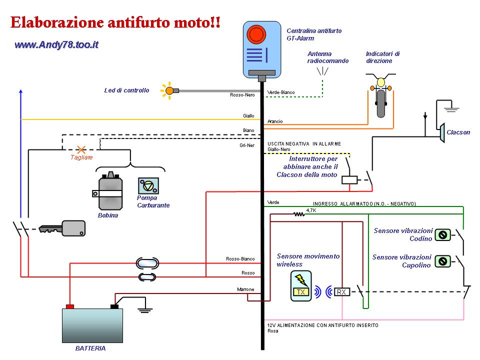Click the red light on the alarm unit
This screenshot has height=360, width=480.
coord(256,34)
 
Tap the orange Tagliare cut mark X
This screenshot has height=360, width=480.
coord(80,149)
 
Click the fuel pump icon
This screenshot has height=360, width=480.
coord(148,186)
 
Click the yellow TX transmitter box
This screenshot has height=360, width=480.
coord(301,286)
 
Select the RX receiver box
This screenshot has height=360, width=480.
coord(341,292)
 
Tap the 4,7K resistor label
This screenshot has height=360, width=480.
coord(311,210)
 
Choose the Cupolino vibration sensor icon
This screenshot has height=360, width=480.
coord(442,260)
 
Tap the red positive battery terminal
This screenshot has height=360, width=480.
coord(70,306)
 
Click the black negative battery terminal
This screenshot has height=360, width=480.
coord(114,306)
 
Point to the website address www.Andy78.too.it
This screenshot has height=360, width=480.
coord(56,45)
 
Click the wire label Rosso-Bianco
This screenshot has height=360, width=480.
coord(240,259)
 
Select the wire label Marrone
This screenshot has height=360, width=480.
coord(245,289)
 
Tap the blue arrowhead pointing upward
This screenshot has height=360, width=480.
coord(20,91)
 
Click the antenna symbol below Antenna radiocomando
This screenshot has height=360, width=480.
coord(322,71)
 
